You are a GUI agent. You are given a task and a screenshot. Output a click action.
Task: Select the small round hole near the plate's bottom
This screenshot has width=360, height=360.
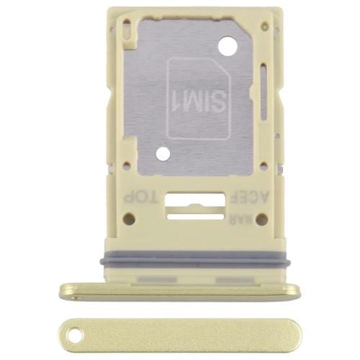coord(163,153)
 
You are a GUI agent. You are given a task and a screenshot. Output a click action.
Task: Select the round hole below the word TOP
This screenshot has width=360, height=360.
coord(129,219)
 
